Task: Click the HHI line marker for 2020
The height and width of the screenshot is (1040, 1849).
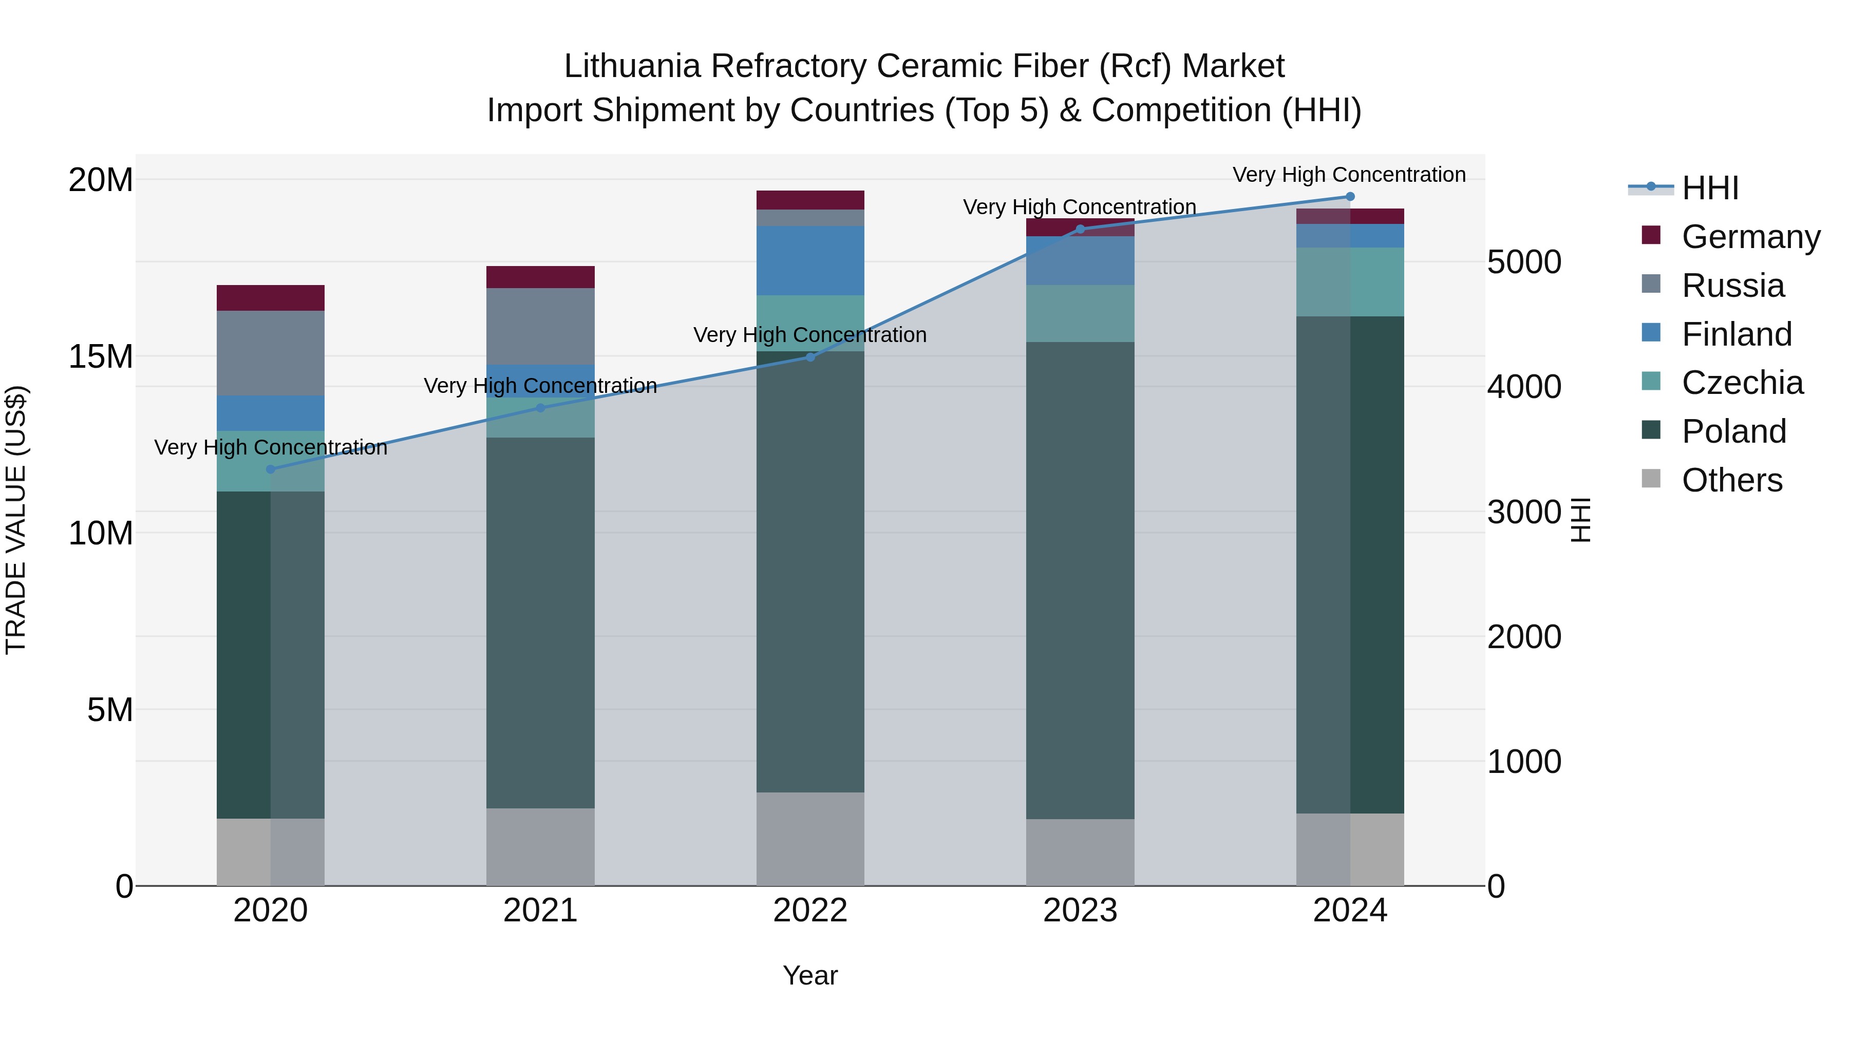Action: (271, 469)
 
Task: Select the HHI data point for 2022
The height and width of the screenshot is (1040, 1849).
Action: (810, 357)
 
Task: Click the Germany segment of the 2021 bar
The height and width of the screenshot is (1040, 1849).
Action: (540, 277)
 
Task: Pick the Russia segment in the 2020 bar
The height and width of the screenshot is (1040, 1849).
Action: (271, 353)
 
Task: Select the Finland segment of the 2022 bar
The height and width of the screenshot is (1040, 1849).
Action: (810, 260)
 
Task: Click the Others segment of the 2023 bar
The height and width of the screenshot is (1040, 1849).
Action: (1080, 852)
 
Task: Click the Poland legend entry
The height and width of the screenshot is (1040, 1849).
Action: (1733, 431)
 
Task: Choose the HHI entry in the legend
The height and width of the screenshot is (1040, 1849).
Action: (1710, 188)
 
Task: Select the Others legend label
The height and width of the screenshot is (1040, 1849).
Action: (1732, 480)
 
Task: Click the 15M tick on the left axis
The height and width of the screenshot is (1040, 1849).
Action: (101, 356)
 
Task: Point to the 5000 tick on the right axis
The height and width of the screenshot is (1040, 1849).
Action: (1524, 262)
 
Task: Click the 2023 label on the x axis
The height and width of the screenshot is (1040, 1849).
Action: (1080, 911)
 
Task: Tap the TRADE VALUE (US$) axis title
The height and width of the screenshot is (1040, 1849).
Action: (16, 520)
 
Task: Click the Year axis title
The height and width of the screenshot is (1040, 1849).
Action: (810, 975)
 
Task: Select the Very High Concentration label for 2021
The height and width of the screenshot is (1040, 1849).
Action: (540, 386)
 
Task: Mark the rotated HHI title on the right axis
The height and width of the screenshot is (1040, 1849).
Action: (1580, 520)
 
